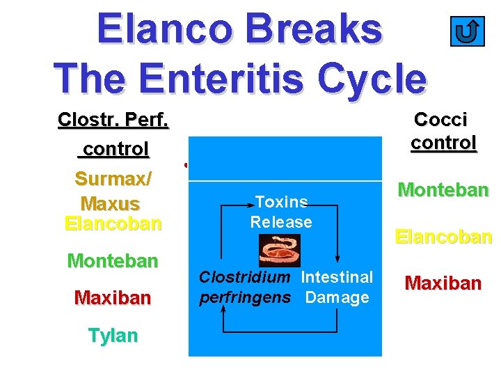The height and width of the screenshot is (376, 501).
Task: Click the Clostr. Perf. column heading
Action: point(113,120)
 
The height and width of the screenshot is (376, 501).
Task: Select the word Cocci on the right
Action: point(440,119)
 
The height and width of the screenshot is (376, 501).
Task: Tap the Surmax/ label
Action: point(113,179)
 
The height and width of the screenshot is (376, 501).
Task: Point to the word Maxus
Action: point(111,204)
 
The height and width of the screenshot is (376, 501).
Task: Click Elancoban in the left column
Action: point(113,224)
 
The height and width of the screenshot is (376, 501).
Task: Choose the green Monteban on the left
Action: point(113,261)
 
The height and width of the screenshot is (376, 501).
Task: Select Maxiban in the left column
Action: point(113,298)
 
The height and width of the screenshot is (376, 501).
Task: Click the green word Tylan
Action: point(113,336)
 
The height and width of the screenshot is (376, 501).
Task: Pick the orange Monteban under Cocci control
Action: point(443,190)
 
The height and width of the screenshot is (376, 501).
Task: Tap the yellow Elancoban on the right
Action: point(443,237)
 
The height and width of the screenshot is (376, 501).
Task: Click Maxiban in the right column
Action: point(443,283)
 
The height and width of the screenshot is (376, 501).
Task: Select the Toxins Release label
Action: point(281,212)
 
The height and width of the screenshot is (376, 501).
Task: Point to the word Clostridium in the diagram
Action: point(244,277)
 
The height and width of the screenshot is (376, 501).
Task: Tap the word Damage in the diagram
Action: point(337,298)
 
